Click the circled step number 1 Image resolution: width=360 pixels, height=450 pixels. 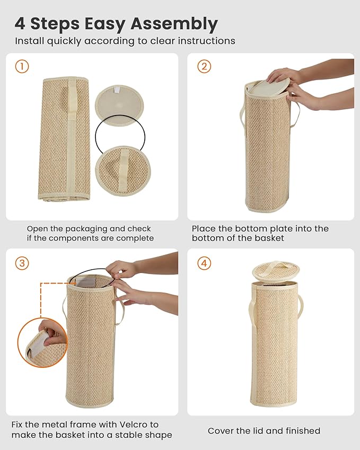click(x=22, y=67)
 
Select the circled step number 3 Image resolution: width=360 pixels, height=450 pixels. click(x=22, y=263)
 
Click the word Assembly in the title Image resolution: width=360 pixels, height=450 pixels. click(x=174, y=24)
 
